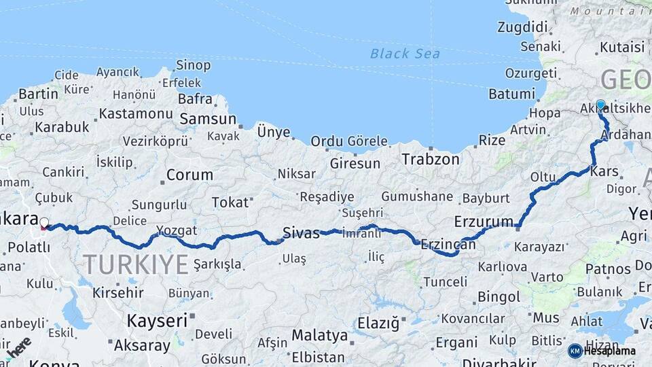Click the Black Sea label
click(405, 54)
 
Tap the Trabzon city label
click(431, 159)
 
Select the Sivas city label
click(301, 234)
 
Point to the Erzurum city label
click(484, 222)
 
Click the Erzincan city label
click(446, 244)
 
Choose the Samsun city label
click(207, 119)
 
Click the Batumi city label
click(511, 94)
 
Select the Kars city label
click(604, 171)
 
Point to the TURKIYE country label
click(136, 264)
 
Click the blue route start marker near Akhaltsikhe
click(600, 105)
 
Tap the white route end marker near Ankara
click(44, 222)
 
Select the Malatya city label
click(319, 335)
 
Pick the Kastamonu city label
click(136, 113)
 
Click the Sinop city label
click(193, 65)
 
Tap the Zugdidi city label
click(522, 27)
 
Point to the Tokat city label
click(230, 203)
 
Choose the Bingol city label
click(499, 297)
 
